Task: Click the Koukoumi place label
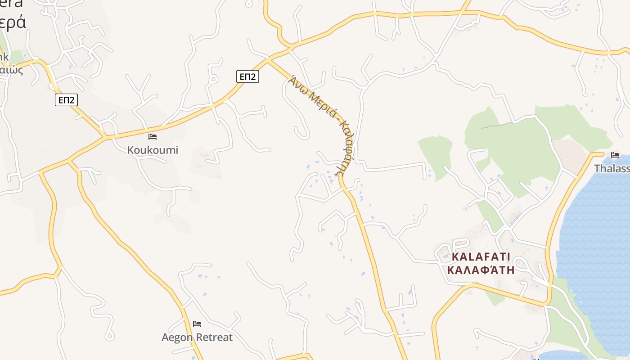153,150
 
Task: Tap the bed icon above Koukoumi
153,137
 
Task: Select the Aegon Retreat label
197,337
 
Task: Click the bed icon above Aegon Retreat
197,324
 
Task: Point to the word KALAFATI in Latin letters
481,257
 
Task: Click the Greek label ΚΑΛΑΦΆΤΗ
481,270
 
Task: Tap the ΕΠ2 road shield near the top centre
247,76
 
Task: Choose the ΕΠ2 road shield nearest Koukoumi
66,99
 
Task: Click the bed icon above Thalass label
615,155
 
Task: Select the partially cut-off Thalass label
612,168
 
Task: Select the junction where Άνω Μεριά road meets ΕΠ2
268,59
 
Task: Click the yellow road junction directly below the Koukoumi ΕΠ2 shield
105,136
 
